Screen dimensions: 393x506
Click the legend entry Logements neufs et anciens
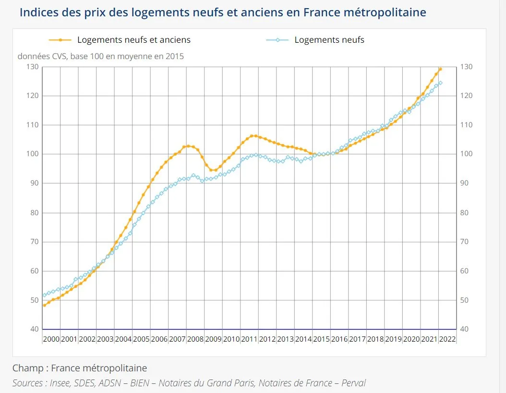[x=133, y=40]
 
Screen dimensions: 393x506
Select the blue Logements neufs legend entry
[x=329, y=40]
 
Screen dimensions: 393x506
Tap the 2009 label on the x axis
[x=214, y=339]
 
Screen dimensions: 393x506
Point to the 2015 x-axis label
[x=321, y=339]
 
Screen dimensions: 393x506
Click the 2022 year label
[x=447, y=339]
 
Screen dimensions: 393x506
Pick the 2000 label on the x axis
[x=51, y=339]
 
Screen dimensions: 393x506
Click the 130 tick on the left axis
[x=33, y=67]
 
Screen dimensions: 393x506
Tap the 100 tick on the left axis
[x=33, y=154]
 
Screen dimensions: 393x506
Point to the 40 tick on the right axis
[x=465, y=329]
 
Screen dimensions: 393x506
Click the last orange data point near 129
[x=440, y=69]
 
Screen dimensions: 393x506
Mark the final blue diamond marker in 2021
[x=440, y=83]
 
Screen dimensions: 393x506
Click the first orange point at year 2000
[x=44, y=305]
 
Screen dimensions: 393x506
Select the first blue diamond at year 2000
[x=44, y=295]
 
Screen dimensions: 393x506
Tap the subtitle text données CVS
[x=43, y=56]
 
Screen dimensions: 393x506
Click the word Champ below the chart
[x=27, y=368]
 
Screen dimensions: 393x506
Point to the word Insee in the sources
[x=61, y=383]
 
